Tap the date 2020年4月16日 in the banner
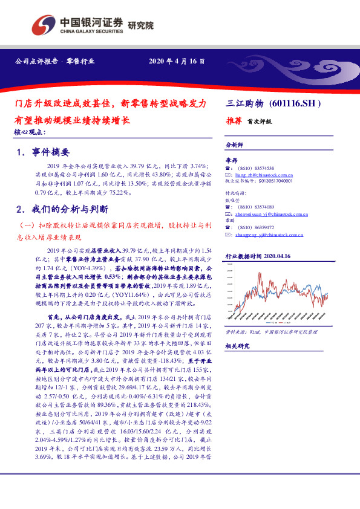[177, 62]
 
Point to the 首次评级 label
[260, 121]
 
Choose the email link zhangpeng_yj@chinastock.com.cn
[268, 235]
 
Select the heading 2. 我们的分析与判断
[63, 210]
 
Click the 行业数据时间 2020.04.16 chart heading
[258, 256]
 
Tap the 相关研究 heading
[237, 346]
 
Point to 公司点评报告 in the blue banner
[35, 62]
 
